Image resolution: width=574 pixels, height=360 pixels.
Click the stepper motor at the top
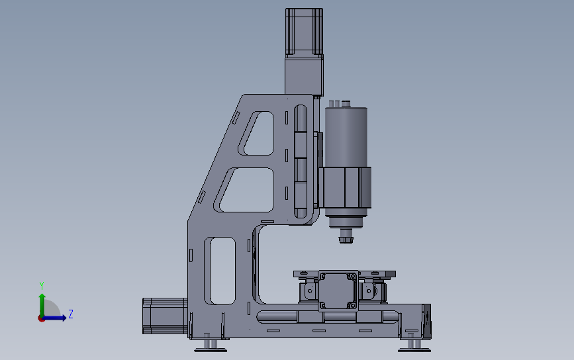[304, 32]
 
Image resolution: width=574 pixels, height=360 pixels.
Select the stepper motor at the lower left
[165, 316]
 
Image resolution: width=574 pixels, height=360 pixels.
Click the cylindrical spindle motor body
[346, 137]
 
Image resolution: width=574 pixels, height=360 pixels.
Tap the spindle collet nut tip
[346, 240]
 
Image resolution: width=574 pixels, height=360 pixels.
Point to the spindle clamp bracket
[345, 188]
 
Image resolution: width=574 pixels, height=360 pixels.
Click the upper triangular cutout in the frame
[256, 133]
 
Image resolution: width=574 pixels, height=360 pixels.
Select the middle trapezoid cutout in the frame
[244, 190]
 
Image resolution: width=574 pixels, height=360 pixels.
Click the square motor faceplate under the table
[338, 291]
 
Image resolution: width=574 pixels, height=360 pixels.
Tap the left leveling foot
[210, 346]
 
